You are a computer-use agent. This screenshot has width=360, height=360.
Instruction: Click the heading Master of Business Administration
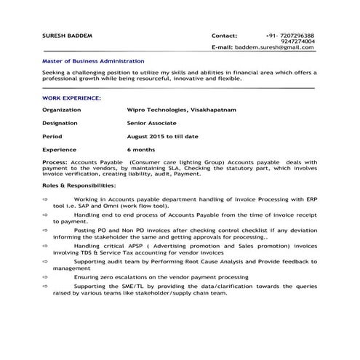(x=93, y=61)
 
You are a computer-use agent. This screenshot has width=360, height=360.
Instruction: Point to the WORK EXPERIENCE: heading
(x=71, y=97)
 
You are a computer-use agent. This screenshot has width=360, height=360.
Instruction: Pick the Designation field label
(x=60, y=123)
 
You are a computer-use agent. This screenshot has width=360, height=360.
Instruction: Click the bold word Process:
(x=55, y=161)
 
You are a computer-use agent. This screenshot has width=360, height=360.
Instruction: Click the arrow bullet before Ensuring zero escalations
(x=45, y=277)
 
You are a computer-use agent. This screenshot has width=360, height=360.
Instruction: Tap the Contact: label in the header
(x=224, y=36)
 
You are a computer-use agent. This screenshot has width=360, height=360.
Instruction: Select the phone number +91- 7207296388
(x=290, y=36)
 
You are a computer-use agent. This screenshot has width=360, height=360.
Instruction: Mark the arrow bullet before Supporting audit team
(x=45, y=260)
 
